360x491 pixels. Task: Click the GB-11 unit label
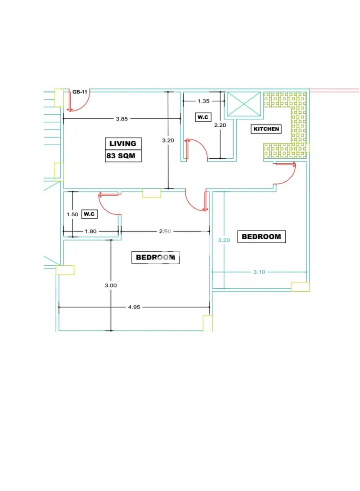(x=80, y=92)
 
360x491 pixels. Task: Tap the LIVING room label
(x=123, y=144)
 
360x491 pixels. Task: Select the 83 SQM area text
(x=121, y=156)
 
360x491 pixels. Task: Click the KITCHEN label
(x=266, y=129)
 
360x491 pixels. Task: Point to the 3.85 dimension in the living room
(x=122, y=119)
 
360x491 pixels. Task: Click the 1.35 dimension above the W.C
(x=204, y=101)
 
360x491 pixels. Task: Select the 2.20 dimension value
(x=220, y=125)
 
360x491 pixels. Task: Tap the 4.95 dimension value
(x=134, y=307)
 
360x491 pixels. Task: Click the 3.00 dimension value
(x=111, y=286)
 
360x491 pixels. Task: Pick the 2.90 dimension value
(x=165, y=232)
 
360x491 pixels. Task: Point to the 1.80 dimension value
(x=90, y=232)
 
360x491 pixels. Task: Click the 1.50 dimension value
(x=72, y=214)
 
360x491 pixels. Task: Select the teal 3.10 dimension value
(x=259, y=272)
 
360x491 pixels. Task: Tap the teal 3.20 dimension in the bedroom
(x=224, y=241)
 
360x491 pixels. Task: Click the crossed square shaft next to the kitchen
(x=244, y=104)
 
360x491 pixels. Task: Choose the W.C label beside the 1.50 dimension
(x=89, y=214)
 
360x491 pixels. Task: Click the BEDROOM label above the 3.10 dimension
(x=261, y=237)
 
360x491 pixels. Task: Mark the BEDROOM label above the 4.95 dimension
(x=155, y=257)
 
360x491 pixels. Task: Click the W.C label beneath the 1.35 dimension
(x=202, y=117)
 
